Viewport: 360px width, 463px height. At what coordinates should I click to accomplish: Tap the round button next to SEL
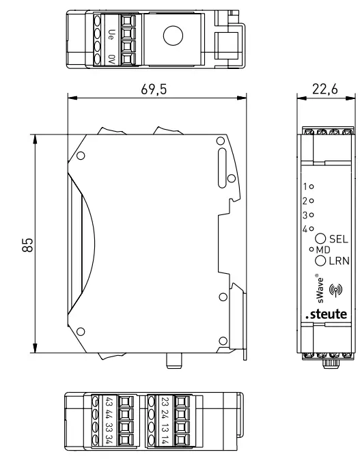click(320, 239)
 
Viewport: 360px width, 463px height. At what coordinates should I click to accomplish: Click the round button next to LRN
click(320, 261)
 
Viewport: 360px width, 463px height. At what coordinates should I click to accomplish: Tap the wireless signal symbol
click(335, 289)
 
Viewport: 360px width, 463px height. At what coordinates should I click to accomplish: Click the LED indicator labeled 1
click(312, 186)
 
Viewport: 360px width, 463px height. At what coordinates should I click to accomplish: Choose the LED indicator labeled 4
click(312, 229)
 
